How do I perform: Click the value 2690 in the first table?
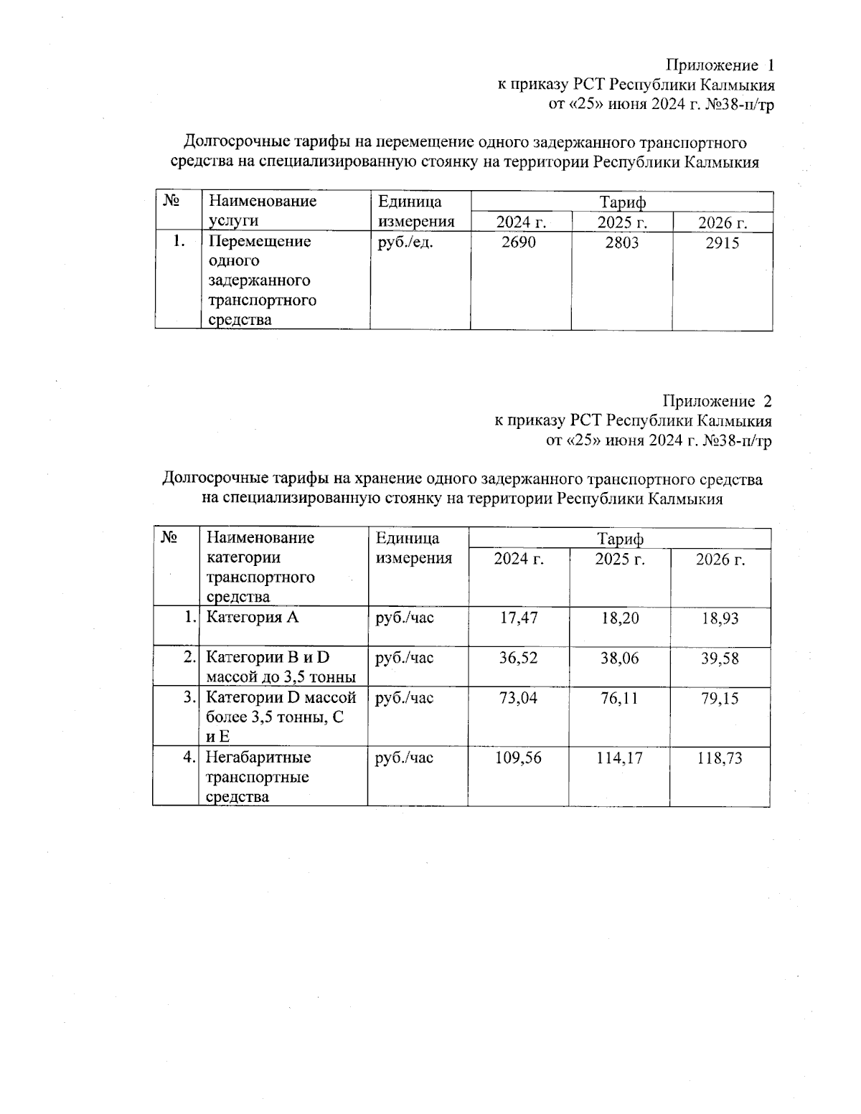tap(518, 242)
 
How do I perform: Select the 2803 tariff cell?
tap(621, 242)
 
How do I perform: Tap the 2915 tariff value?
tap(722, 243)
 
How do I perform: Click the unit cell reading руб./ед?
tap(405, 242)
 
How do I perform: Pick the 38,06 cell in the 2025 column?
tap(619, 658)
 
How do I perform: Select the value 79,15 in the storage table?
tap(720, 698)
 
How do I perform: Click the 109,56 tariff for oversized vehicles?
tap(518, 757)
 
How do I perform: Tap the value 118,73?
tap(720, 757)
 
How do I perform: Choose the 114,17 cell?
tap(619, 757)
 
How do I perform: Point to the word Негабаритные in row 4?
tap(258, 757)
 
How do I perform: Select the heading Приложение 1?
tap(720, 65)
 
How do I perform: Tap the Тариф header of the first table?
tap(622, 202)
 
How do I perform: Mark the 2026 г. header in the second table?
tap(720, 560)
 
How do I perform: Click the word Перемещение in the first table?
tap(260, 241)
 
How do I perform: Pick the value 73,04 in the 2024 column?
tap(518, 698)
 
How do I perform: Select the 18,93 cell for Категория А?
tap(720, 618)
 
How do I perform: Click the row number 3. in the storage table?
tap(189, 697)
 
